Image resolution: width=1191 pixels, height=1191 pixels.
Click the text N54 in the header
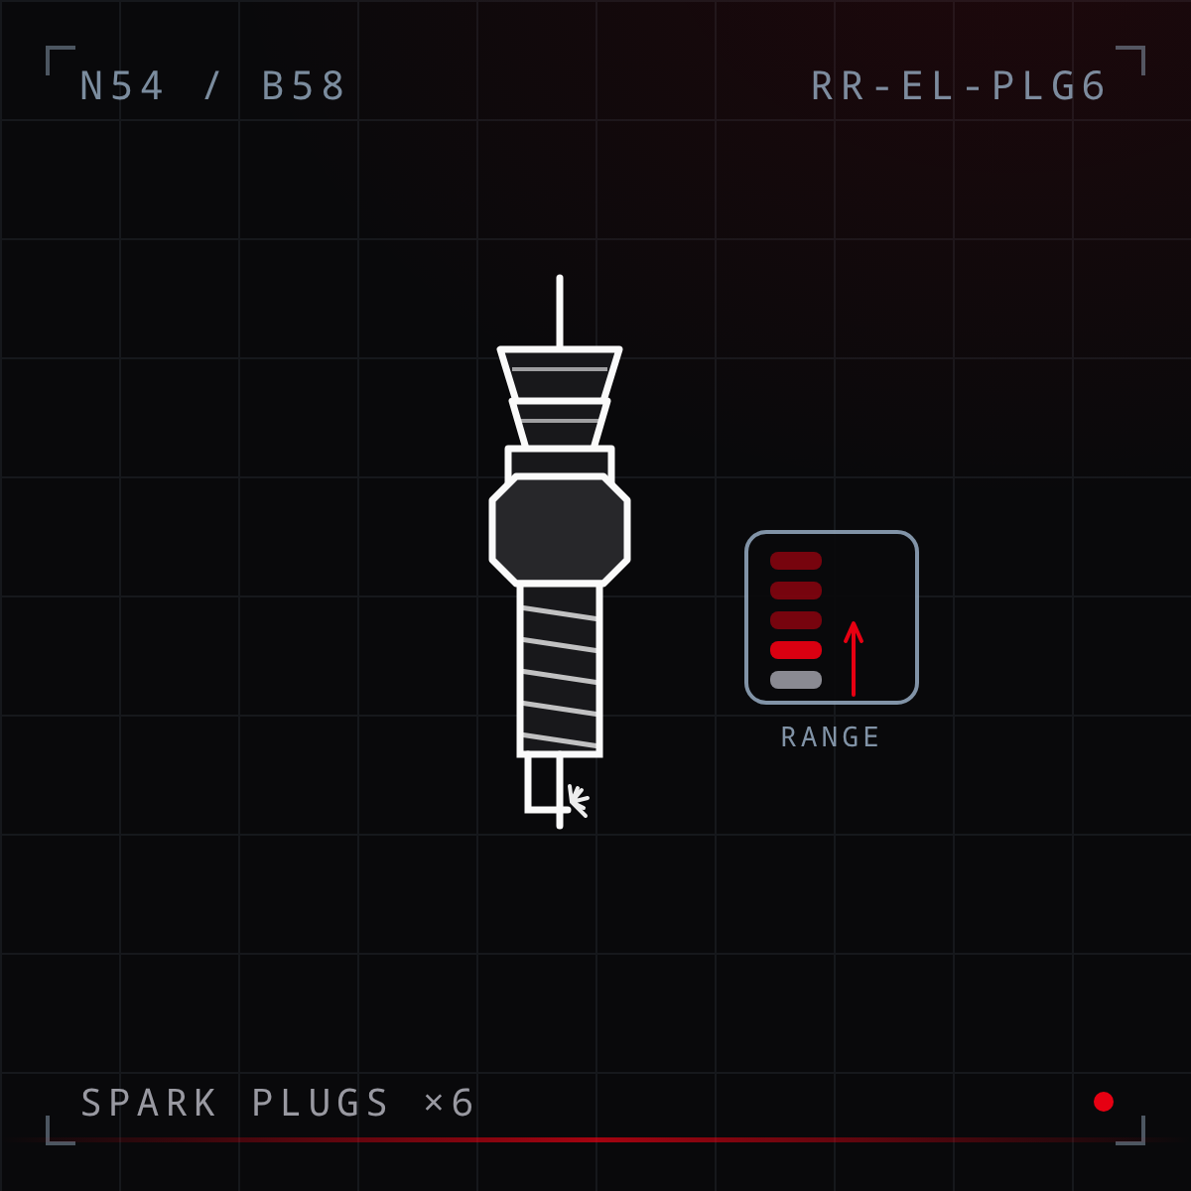(x=122, y=85)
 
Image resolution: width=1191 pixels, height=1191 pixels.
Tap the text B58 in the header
(x=303, y=85)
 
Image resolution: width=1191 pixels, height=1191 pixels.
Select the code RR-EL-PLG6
(x=958, y=85)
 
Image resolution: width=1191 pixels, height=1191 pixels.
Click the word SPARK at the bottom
(x=149, y=1103)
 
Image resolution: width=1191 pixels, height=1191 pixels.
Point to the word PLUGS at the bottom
(x=321, y=1103)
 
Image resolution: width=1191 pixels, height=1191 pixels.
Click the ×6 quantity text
(x=450, y=1103)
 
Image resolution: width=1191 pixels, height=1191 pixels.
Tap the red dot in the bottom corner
(x=1104, y=1102)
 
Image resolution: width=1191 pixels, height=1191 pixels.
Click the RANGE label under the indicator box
(x=831, y=736)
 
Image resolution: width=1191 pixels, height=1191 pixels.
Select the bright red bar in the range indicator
(x=795, y=650)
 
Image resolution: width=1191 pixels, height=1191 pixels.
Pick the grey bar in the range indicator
(x=795, y=680)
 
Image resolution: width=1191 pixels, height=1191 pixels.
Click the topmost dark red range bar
(x=795, y=561)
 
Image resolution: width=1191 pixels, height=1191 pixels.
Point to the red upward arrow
(x=854, y=658)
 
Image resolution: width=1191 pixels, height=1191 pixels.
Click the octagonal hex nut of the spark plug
(x=560, y=530)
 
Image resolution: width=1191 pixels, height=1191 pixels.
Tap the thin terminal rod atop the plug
(x=560, y=312)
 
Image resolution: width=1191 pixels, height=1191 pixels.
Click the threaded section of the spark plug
(x=560, y=670)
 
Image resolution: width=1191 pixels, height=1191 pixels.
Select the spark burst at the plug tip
(x=578, y=800)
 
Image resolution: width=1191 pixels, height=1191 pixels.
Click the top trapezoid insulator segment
(x=560, y=374)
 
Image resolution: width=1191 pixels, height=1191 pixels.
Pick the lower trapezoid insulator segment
(x=560, y=424)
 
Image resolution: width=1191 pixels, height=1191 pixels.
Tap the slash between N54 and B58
(x=212, y=85)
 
